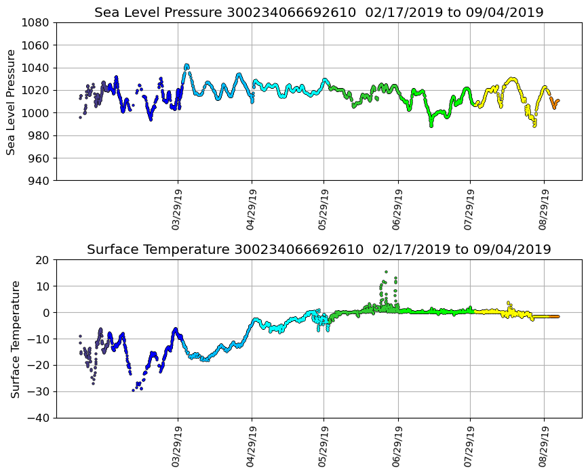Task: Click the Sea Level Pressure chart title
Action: (319, 13)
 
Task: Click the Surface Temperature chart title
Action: (319, 250)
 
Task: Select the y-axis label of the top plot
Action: (12, 102)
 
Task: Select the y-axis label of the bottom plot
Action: (15, 339)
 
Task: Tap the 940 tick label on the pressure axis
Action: (38, 181)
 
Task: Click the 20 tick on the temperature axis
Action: (43, 260)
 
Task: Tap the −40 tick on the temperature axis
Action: (39, 418)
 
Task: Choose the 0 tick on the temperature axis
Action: (45, 313)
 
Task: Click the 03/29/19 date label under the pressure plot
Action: (176, 210)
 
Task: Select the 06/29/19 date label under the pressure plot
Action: (397, 210)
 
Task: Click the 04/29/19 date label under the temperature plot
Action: (250, 447)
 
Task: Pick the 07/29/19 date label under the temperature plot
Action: (469, 447)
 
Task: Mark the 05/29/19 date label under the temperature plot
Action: (322, 447)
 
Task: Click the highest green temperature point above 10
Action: (386, 272)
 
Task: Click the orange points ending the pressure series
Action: (555, 104)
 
